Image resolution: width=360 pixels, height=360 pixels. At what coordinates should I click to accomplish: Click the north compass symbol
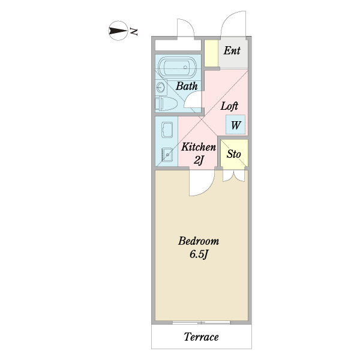118,31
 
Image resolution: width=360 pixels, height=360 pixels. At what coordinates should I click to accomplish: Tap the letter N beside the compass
134,32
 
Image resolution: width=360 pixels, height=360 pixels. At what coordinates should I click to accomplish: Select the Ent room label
232,50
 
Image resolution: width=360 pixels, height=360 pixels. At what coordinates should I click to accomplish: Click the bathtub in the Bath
178,67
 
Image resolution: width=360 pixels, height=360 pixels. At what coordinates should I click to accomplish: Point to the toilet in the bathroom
166,104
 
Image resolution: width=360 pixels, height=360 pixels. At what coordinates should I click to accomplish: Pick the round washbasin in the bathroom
160,87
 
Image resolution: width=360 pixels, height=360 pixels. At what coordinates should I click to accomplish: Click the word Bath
187,86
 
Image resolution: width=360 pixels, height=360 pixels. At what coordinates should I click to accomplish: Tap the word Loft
229,106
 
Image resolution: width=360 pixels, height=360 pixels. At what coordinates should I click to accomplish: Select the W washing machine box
235,125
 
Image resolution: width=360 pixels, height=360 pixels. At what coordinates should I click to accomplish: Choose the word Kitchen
199,147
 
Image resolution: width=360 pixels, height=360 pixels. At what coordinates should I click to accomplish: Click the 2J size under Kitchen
199,160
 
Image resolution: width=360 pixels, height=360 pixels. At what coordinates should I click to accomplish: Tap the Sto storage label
234,154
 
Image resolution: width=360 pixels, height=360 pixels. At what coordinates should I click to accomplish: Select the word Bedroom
199,241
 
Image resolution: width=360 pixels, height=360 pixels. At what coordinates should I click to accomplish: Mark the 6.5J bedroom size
199,254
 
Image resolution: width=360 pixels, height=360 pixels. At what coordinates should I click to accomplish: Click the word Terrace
201,337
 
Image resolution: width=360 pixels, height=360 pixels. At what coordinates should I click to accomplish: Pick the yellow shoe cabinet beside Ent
211,53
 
